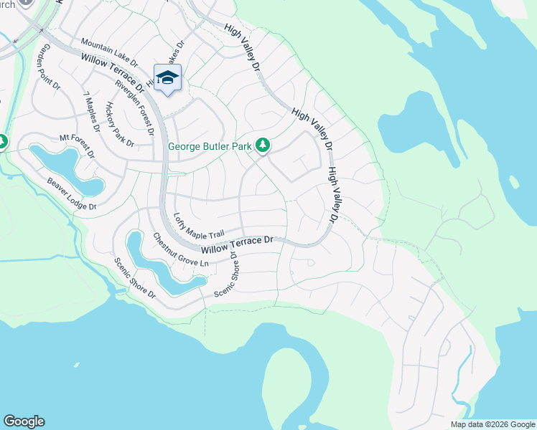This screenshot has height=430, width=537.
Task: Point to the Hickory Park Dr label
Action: pyautogui.click(x=119, y=124)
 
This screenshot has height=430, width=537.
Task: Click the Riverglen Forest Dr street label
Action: pyautogui.click(x=134, y=107)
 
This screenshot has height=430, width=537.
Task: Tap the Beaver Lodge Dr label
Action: pyautogui.click(x=72, y=193)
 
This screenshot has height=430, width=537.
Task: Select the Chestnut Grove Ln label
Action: pyautogui.click(x=179, y=251)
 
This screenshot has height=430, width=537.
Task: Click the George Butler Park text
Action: pyautogui.click(x=210, y=146)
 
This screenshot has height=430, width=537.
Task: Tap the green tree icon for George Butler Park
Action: pyautogui.click(x=263, y=145)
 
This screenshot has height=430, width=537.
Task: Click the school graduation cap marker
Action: pyautogui.click(x=167, y=78)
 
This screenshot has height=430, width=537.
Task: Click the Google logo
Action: pyautogui.click(x=24, y=421)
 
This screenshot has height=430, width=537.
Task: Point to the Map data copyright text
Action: pyautogui.click(x=492, y=424)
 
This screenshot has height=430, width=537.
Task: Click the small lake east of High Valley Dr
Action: pyautogui.click(x=404, y=129)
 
